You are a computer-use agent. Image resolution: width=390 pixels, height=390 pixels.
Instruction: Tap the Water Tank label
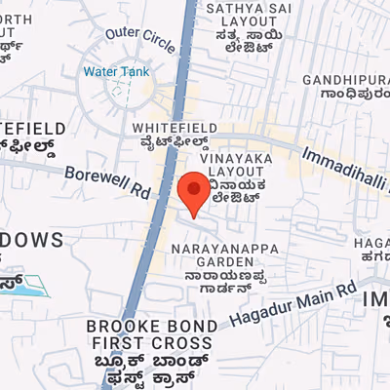(x=114, y=71)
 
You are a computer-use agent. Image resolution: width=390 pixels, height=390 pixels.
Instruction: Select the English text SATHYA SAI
(x=241, y=10)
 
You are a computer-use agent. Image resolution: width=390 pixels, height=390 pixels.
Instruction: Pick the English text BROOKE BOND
(x=149, y=326)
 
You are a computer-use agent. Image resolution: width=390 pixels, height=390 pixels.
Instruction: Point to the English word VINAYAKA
(x=234, y=156)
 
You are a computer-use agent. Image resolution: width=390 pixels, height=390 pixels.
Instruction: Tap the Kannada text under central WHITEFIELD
(x=172, y=143)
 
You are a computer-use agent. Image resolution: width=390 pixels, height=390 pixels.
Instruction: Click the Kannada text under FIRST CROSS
(x=149, y=370)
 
